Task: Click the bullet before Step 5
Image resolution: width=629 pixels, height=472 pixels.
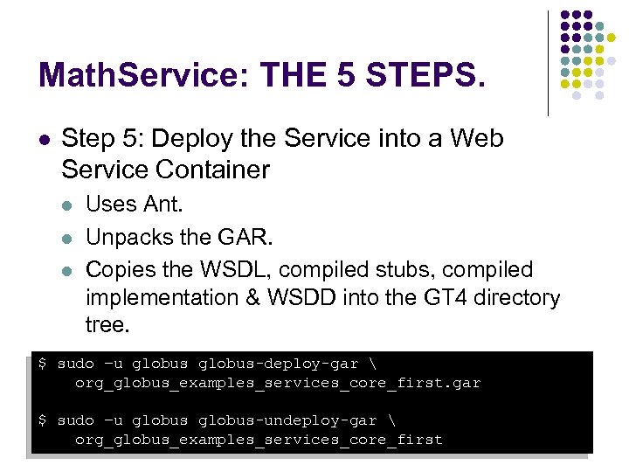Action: click(45, 139)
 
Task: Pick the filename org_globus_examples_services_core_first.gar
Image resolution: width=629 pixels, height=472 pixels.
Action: click(278, 383)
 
